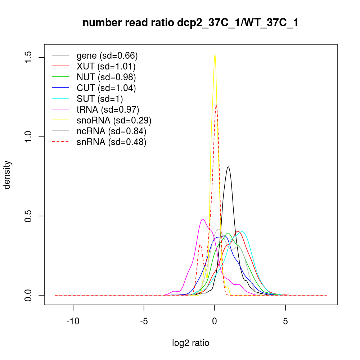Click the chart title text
pyautogui.click(x=190, y=23)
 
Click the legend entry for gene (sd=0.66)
pyautogui.click(x=107, y=55)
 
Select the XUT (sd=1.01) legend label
pyautogui.click(x=106, y=66)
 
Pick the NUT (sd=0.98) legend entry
pyautogui.click(x=106, y=77)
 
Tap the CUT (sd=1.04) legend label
pyautogui.click(x=106, y=88)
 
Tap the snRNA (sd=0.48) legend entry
pyautogui.click(x=112, y=142)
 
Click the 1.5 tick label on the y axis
pyautogui.click(x=28, y=58)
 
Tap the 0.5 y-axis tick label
pyautogui.click(x=28, y=216)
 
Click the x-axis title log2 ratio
pyautogui.click(x=190, y=343)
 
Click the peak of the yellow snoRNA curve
pyautogui.click(x=215, y=54)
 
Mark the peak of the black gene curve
pyautogui.click(x=228, y=167)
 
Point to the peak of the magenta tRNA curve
pyautogui.click(x=203, y=219)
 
